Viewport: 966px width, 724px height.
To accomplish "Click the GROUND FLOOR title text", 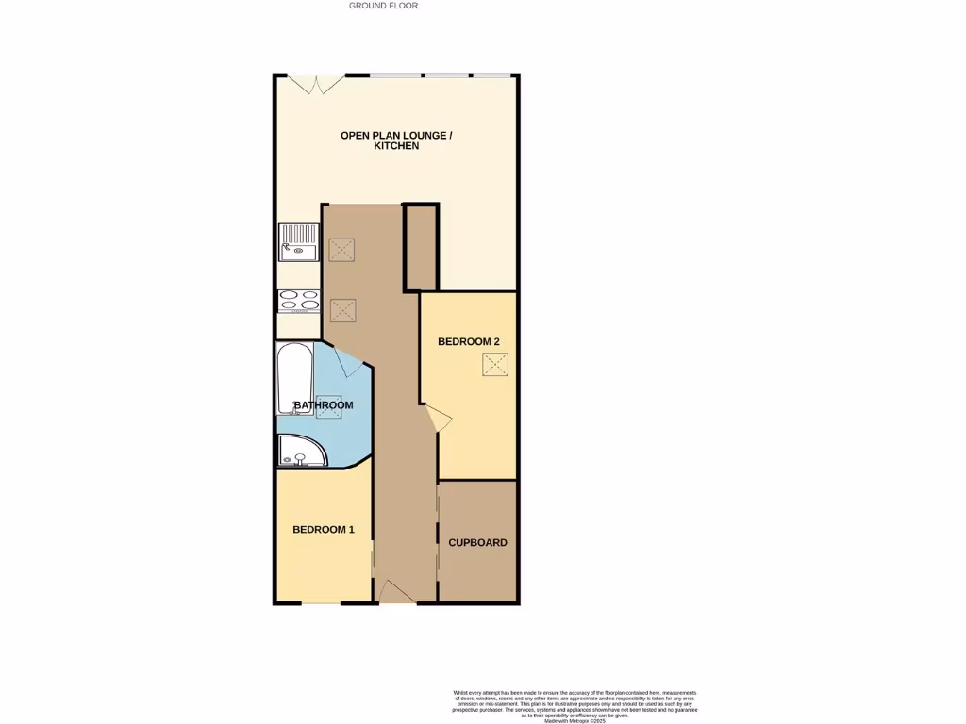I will [x=383, y=6].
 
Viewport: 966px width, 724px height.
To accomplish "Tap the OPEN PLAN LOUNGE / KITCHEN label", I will [x=396, y=140].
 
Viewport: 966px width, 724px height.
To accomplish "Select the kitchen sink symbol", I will [x=300, y=241].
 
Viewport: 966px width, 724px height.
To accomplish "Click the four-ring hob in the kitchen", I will [x=300, y=300].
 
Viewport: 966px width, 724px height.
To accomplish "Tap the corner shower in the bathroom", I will [x=300, y=452].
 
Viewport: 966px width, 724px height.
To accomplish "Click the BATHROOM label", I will [x=324, y=405].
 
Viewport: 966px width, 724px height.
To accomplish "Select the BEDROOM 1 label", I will [x=323, y=530].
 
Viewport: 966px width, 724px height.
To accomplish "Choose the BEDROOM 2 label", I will [x=468, y=342].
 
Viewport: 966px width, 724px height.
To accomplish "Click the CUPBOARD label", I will [x=477, y=543].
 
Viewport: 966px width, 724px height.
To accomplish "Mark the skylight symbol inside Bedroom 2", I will [x=495, y=365].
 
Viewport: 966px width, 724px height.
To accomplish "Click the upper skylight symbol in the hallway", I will [x=341, y=250].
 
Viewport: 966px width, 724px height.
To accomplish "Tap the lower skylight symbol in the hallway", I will [x=341, y=308].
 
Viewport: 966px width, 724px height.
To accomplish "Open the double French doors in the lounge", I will [x=317, y=84].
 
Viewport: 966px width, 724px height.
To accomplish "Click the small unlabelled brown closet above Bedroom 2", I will [x=421, y=248].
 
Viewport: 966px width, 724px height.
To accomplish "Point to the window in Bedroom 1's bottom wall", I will [x=321, y=602].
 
